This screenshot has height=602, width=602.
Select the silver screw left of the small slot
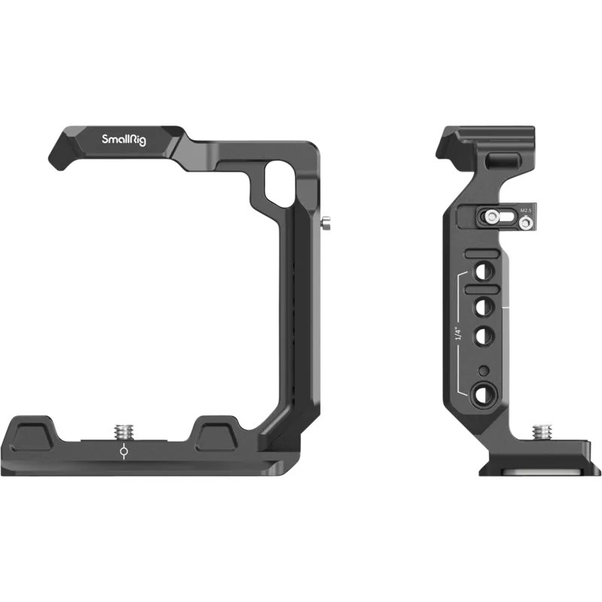coord(491,217)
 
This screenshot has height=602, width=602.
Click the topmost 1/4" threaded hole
coord(479,267)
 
